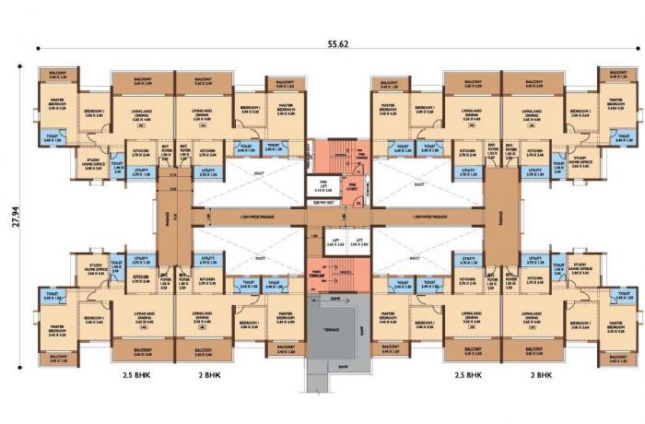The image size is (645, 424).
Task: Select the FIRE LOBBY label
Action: pos(352,186)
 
